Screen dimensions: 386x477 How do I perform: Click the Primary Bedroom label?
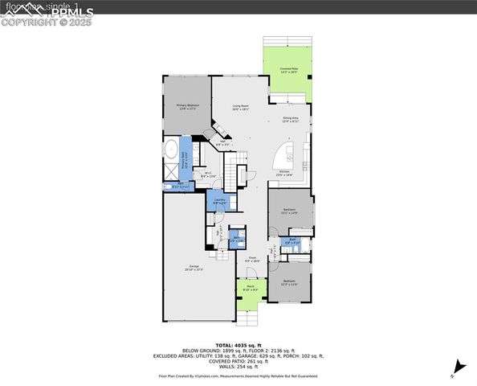(188, 106)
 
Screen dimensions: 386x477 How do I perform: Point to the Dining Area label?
(290, 121)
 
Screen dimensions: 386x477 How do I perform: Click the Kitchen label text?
(284, 173)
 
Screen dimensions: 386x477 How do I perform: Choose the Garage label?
(194, 268)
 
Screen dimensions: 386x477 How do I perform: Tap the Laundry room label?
(219, 201)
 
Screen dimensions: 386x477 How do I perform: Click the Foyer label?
(251, 259)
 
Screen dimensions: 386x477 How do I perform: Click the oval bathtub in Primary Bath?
(171, 150)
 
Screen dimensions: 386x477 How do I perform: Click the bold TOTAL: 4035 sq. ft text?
(238, 345)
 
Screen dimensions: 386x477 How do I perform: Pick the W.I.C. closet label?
(207, 175)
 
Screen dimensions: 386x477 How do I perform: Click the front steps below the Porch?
(251, 316)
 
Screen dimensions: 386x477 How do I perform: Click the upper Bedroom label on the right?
(288, 211)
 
